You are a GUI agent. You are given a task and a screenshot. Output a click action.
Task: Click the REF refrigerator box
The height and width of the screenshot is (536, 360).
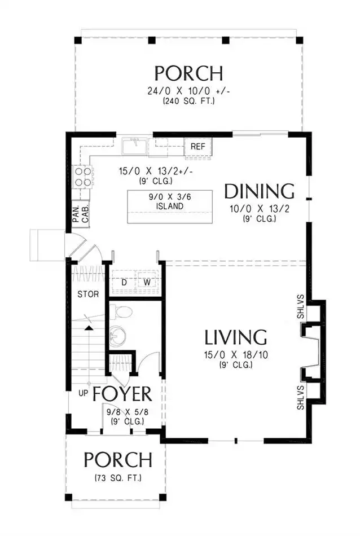tap(198, 147)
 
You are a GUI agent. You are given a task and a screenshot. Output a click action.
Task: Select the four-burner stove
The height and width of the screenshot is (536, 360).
tap(83, 177)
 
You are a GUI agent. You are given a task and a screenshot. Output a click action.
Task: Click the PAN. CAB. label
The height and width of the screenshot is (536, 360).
tap(81, 214)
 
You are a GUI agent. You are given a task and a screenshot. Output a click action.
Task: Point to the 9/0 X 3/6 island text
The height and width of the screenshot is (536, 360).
tap(170, 197)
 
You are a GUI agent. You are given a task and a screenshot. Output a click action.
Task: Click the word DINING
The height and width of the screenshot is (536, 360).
tap(260, 191)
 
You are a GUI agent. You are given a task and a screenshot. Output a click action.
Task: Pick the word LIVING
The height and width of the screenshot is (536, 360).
tap(236, 337)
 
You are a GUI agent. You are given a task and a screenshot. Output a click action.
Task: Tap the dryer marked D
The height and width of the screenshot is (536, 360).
tap(125, 282)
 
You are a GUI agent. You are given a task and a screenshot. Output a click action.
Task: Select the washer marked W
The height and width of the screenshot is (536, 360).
tap(147, 282)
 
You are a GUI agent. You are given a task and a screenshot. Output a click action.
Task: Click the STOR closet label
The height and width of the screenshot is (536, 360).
tap(88, 294)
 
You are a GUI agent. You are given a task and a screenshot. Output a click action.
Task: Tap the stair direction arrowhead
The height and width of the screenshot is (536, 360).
tap(89, 328)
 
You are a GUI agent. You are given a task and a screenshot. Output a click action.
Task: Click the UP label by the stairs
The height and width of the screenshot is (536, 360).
tap(83, 393)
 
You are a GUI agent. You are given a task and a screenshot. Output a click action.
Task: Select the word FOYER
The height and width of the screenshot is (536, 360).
tap(122, 394)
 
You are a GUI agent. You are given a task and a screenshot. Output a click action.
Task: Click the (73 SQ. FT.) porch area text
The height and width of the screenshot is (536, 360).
tap(118, 478)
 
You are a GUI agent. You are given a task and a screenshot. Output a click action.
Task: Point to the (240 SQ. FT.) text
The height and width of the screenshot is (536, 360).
tap(188, 101)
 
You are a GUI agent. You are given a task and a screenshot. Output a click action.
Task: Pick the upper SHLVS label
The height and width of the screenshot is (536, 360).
tap(301, 306)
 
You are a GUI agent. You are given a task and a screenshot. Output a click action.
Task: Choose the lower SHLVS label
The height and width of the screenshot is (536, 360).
tap(301, 398)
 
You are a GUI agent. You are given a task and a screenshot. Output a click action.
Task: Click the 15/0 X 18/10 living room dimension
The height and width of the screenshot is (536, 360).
tap(236, 355)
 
